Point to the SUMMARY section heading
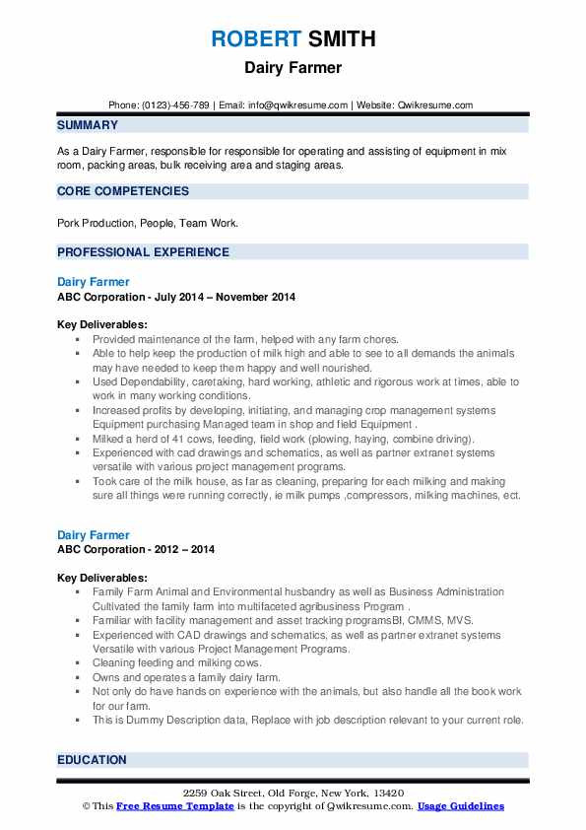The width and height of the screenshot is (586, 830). pyautogui.click(x=88, y=125)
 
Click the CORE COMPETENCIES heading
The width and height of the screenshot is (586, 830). pyautogui.click(x=123, y=190)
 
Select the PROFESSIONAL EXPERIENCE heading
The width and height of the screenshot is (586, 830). pyautogui.click(x=143, y=251)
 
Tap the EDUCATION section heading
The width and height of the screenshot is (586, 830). pyautogui.click(x=92, y=760)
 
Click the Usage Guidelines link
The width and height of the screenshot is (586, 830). pyautogui.click(x=461, y=806)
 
